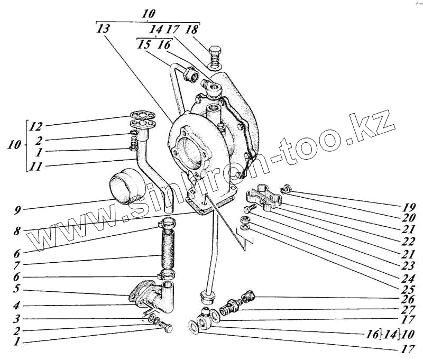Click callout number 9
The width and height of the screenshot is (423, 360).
coord(17,211)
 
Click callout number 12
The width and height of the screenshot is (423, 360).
coord(35,127)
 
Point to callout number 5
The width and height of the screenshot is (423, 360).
coord(17,290)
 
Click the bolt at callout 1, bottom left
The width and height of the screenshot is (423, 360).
coord(167,329)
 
